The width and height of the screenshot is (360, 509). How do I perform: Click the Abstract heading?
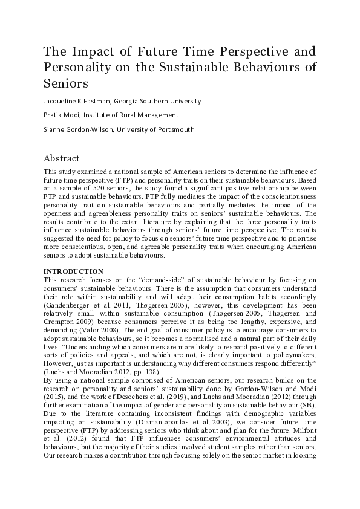(61, 159)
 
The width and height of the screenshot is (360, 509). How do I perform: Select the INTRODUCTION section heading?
(73, 271)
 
